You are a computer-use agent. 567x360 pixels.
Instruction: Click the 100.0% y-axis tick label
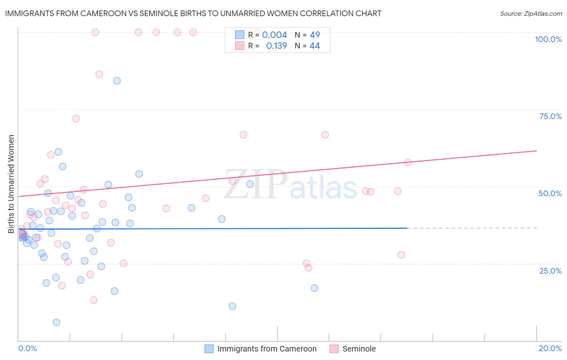[x=548, y=39]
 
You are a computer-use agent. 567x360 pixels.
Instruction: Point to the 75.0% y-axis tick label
[x=550, y=116]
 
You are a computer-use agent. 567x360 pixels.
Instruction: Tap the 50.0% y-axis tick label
[x=550, y=193]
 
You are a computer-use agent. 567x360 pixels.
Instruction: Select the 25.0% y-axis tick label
[x=550, y=270]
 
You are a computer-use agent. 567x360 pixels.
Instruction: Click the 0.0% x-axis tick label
[x=27, y=348]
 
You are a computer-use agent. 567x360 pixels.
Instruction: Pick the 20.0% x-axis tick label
[x=550, y=348]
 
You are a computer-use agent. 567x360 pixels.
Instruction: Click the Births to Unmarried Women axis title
[x=11, y=184]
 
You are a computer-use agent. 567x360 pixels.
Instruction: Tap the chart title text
[x=193, y=14]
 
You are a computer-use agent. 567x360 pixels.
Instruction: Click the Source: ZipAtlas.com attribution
[x=531, y=14]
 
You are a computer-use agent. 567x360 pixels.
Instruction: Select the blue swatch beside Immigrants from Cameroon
[x=209, y=349]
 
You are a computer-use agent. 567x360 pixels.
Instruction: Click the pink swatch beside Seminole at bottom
[x=334, y=349]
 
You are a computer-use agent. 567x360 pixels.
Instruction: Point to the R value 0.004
[x=274, y=35]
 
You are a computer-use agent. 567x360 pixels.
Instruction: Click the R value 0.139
[x=276, y=46]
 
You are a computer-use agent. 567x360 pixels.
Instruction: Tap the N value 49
[x=315, y=35]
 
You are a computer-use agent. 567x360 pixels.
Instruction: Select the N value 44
[x=315, y=46]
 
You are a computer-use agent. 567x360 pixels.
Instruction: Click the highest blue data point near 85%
[x=117, y=81]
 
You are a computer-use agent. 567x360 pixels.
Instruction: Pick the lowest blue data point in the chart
[x=56, y=322]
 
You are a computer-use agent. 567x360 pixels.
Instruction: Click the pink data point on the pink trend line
[x=408, y=163]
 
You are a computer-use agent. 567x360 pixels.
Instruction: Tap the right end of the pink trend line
[x=536, y=151]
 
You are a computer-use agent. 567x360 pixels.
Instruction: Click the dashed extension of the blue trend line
[x=472, y=228]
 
